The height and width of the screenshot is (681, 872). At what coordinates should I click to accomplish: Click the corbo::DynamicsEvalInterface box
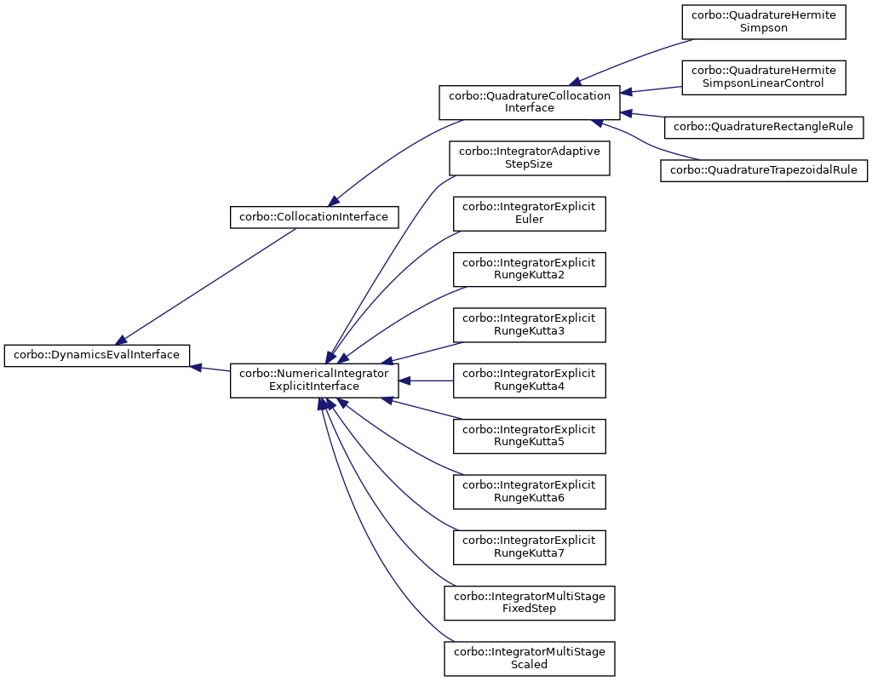[97, 355]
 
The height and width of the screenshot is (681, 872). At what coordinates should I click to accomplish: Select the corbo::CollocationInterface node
[314, 217]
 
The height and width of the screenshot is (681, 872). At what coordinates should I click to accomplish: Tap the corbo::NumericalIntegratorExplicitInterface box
[314, 380]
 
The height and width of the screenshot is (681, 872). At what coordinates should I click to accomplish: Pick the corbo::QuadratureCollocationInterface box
[530, 102]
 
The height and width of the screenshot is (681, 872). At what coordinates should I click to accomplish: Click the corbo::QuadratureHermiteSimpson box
[764, 21]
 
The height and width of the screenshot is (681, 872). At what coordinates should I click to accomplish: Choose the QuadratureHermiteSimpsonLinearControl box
[764, 77]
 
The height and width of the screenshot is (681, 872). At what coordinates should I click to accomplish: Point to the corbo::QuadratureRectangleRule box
[764, 127]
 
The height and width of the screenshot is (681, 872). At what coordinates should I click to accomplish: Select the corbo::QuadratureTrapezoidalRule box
[764, 170]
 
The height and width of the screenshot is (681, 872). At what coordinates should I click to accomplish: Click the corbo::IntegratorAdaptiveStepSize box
[530, 157]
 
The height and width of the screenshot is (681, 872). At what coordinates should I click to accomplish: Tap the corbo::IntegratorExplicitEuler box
[530, 213]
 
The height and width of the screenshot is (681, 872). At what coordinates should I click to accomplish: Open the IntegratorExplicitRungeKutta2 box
[530, 268]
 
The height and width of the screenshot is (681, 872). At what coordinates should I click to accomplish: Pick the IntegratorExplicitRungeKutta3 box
[530, 324]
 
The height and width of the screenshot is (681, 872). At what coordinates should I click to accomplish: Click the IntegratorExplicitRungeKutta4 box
[530, 380]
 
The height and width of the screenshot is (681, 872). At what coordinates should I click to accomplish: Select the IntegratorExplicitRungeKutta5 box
[530, 435]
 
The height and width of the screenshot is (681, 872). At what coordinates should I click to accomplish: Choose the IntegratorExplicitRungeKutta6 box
[530, 490]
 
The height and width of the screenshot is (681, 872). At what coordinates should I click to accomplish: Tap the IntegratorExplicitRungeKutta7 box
[530, 546]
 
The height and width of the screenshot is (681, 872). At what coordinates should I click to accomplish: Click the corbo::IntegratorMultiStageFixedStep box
[530, 602]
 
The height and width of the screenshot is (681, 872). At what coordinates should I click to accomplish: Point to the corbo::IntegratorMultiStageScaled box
[530, 657]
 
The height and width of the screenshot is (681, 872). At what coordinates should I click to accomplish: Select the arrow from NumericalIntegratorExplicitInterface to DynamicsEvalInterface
[210, 369]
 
